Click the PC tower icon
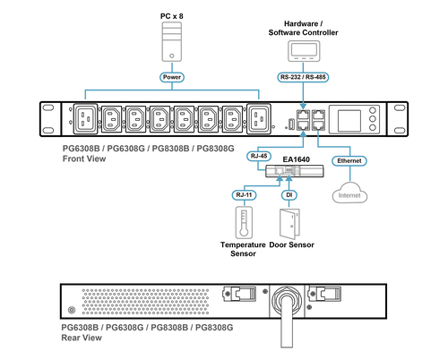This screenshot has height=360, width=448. point(172,42)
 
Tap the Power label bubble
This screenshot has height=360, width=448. point(172,77)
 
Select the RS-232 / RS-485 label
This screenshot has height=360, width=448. point(303,77)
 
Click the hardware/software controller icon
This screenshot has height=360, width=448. point(304,51)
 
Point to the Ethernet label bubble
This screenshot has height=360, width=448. point(349,161)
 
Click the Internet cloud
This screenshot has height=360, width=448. point(349,193)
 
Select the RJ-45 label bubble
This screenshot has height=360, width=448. point(259,156)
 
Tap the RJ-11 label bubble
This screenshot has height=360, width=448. point(244,195)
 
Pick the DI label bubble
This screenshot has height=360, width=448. point(289,195)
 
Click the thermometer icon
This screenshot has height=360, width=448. point(244,223)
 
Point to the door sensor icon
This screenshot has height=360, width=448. point(289,224)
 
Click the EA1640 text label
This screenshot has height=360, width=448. point(297,159)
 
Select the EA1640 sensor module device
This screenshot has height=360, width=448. point(295,171)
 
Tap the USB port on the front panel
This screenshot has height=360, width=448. point(291,124)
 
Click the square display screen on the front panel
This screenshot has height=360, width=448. point(349,120)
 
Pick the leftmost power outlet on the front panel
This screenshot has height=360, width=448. point(85,119)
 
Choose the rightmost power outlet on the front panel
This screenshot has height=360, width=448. point(259,119)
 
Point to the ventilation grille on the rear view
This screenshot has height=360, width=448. point(145,302)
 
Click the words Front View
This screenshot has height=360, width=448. point(84,159)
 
